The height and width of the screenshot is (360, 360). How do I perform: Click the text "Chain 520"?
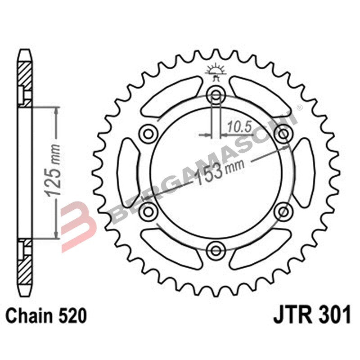point(45,316)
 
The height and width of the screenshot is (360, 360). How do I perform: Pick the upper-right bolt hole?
point(284,134)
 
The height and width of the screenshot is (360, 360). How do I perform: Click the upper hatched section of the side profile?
point(25,74)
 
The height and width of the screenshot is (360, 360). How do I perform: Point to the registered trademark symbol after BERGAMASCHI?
point(299,107)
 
